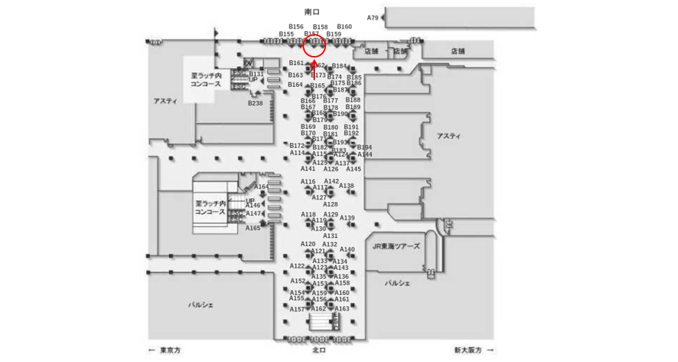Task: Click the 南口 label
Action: (x=312, y=12)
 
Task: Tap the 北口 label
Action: (x=319, y=350)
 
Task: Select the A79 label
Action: (x=373, y=18)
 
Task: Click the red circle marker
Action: (x=315, y=46)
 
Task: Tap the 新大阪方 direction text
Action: (x=468, y=350)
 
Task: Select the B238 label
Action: (x=255, y=103)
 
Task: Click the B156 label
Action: (x=296, y=27)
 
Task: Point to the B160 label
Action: (x=345, y=27)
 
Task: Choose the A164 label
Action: (x=261, y=187)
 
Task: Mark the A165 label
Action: (x=253, y=228)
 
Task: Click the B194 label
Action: (x=364, y=147)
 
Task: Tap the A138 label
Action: (x=346, y=186)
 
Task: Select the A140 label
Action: (x=347, y=249)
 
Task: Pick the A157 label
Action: (x=297, y=309)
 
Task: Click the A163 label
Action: (x=342, y=308)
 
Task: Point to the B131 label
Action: (x=256, y=74)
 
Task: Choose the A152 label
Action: (x=297, y=281)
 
